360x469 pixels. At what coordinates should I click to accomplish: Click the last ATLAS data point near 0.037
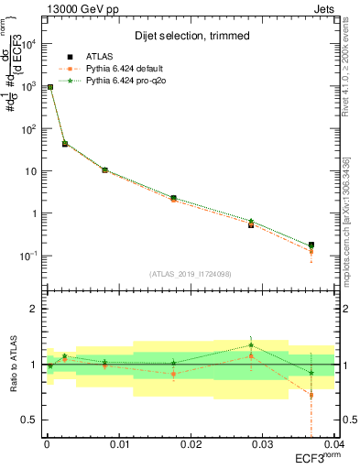pyautogui.click(x=311, y=245)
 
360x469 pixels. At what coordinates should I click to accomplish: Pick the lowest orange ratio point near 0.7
pyautogui.click(x=311, y=396)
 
